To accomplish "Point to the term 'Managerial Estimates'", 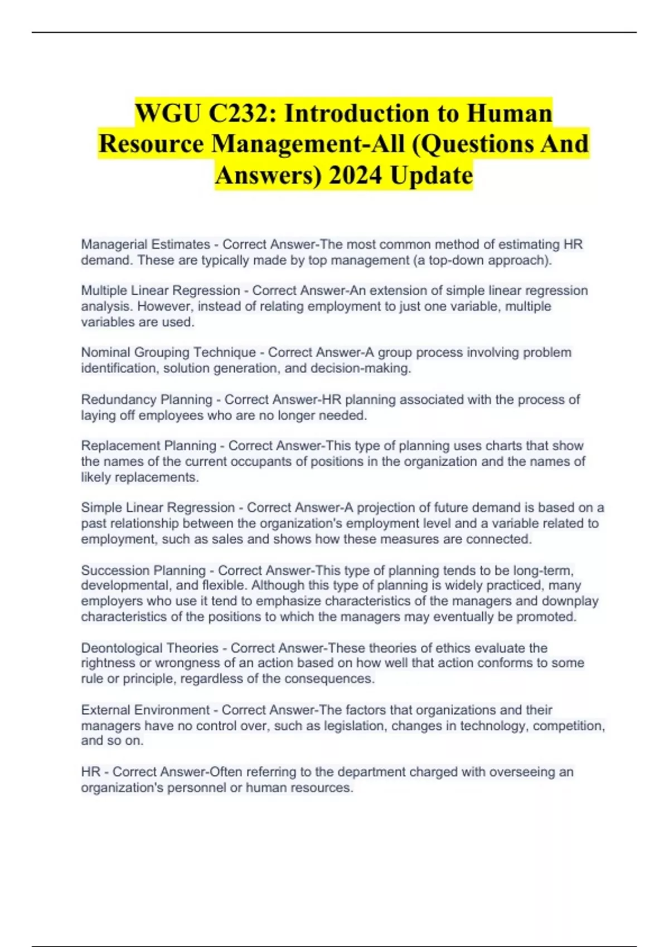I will (146, 245).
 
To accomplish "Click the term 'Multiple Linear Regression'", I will (161, 291).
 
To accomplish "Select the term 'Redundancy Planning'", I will (147, 400).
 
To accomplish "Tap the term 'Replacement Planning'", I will (148, 446).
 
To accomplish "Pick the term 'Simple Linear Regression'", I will (158, 507).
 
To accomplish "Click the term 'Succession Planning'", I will (143, 570).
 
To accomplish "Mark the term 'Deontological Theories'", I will (149, 648).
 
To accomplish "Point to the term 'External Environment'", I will (145, 710).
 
